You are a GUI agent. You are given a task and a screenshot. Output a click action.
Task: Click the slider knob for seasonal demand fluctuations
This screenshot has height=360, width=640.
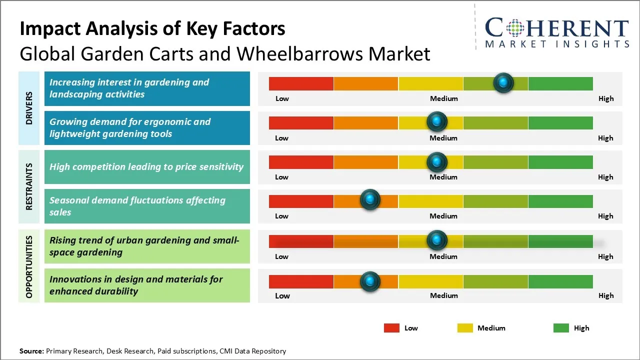(370, 200)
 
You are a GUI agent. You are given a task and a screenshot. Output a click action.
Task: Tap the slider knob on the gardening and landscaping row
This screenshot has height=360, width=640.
(503, 82)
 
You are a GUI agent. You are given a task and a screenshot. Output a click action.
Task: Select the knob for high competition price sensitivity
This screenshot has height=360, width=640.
(437, 161)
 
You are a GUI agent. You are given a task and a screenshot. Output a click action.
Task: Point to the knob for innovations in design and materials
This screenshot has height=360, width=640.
(370, 281)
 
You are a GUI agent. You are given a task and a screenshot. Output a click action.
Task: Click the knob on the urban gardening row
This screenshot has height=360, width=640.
(437, 240)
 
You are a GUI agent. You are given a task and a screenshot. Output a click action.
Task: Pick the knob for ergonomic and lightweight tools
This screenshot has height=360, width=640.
(437, 121)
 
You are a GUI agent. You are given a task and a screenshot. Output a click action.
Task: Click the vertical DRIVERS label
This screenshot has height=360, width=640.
(29, 108)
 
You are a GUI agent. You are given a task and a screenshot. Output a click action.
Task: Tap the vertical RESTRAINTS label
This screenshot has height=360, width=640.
(29, 186)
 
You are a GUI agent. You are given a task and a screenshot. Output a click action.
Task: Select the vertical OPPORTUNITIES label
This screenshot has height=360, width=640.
(29, 266)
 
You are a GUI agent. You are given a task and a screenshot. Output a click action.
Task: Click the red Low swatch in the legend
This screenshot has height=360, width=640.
(391, 328)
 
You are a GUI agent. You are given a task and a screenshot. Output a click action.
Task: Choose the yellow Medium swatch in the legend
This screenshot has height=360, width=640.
(465, 328)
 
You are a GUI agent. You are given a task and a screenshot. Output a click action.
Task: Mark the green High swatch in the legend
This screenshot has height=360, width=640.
(561, 328)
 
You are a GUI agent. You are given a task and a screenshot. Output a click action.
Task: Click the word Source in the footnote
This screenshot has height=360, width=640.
(31, 351)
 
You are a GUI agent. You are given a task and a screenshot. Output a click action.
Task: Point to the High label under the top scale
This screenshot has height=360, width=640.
(605, 98)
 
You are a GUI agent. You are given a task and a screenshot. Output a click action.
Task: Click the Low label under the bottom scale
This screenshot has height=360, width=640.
(282, 295)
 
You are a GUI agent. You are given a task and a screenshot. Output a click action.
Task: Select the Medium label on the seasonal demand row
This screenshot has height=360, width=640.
(443, 216)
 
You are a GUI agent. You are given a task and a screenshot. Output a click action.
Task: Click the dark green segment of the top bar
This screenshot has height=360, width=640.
(560, 83)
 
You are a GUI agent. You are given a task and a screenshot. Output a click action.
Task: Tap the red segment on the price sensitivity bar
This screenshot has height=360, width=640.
(301, 161)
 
